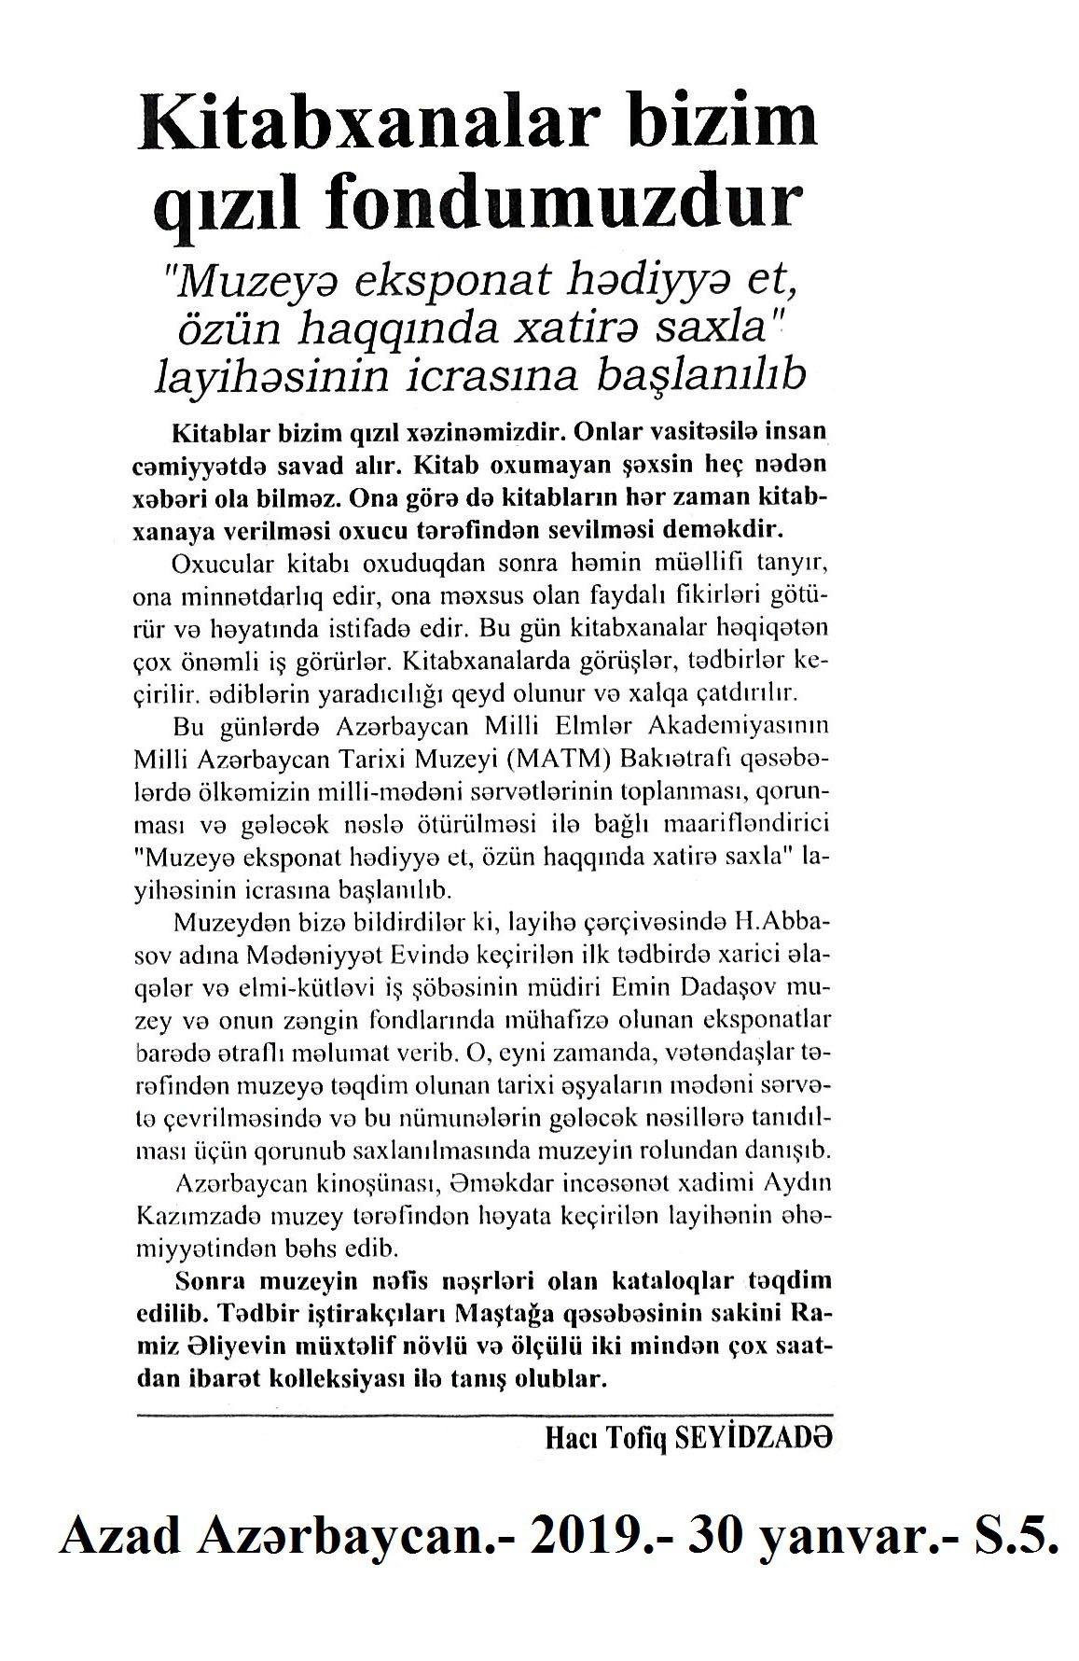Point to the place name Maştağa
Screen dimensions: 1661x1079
pyautogui.click(x=505, y=1316)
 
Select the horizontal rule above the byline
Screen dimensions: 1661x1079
pyautogui.click(x=483, y=1415)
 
